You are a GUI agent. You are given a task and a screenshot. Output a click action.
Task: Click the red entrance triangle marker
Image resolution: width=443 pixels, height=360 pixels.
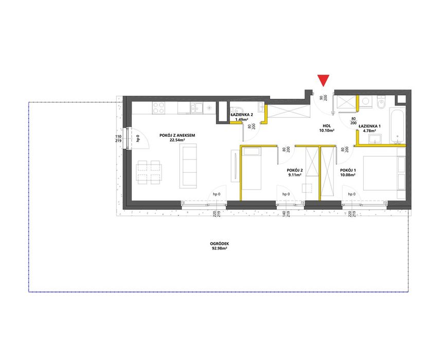pos(323,80)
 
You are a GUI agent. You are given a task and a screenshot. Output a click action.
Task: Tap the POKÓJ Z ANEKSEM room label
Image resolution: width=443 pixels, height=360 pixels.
pos(177,137)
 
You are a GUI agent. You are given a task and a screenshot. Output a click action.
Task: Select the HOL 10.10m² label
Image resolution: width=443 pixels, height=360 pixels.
pos(327,128)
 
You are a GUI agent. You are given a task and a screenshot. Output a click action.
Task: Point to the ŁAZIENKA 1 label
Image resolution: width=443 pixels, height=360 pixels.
pos(369,128)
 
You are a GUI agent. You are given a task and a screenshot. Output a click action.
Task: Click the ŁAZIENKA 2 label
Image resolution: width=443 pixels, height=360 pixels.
pos(241,117)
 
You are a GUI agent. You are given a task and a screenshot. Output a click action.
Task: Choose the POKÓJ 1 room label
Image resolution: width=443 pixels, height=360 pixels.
pos(348,172)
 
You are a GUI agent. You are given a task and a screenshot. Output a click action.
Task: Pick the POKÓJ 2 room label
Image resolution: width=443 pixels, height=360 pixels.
pos(295,172)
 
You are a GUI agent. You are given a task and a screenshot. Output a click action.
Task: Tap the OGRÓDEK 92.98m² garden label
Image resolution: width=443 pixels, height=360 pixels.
pos(220,246)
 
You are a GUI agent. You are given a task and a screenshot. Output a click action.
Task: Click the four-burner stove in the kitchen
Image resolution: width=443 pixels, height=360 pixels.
pos(159,108)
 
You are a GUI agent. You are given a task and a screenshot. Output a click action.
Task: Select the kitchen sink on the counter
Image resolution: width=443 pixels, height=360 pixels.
pos(197,107)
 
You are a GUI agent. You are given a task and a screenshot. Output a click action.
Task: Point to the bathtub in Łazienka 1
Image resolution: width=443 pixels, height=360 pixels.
pos(398,125)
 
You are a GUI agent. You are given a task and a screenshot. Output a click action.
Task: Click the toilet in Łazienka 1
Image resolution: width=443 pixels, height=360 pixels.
pos(381,103)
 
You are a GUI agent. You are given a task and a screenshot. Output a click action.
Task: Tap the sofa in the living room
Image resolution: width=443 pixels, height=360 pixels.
pos(189,166)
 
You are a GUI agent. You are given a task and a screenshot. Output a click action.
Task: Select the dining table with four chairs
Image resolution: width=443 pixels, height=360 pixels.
pos(149,172)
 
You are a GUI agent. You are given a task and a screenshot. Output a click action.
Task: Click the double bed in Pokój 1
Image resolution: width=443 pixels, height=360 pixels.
pos(384,173)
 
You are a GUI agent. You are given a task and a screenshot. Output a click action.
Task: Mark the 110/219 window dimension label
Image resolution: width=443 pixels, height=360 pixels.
pos(118,139)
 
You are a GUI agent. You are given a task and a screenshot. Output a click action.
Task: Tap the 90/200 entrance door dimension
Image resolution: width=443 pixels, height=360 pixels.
pos(323,98)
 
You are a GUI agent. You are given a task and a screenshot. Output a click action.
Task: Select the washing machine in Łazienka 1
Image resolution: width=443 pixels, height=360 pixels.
pos(367,102)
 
